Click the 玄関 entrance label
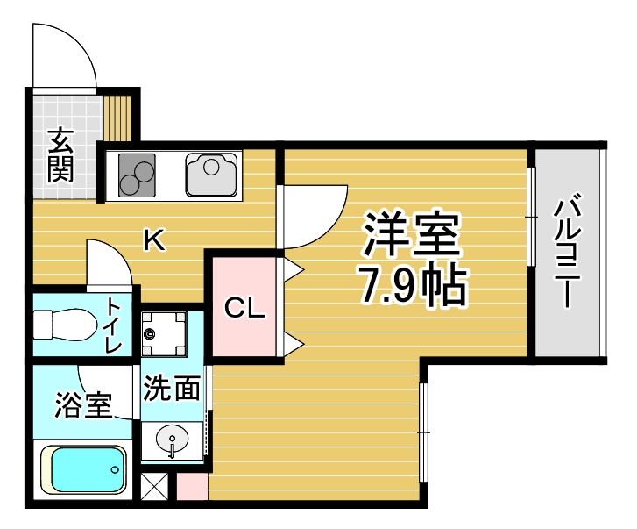point(60,155)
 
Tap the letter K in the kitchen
point(155,239)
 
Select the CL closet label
point(244,308)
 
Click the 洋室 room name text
point(412,233)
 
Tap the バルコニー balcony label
point(568,252)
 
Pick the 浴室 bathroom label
point(83,405)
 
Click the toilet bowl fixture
point(65,325)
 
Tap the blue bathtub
point(83,469)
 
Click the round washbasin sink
point(173,440)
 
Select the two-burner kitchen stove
point(137,175)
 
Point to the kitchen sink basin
point(211,174)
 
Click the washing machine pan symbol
point(164,334)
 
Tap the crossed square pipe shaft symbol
point(154,486)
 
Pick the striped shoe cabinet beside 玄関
point(117,118)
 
